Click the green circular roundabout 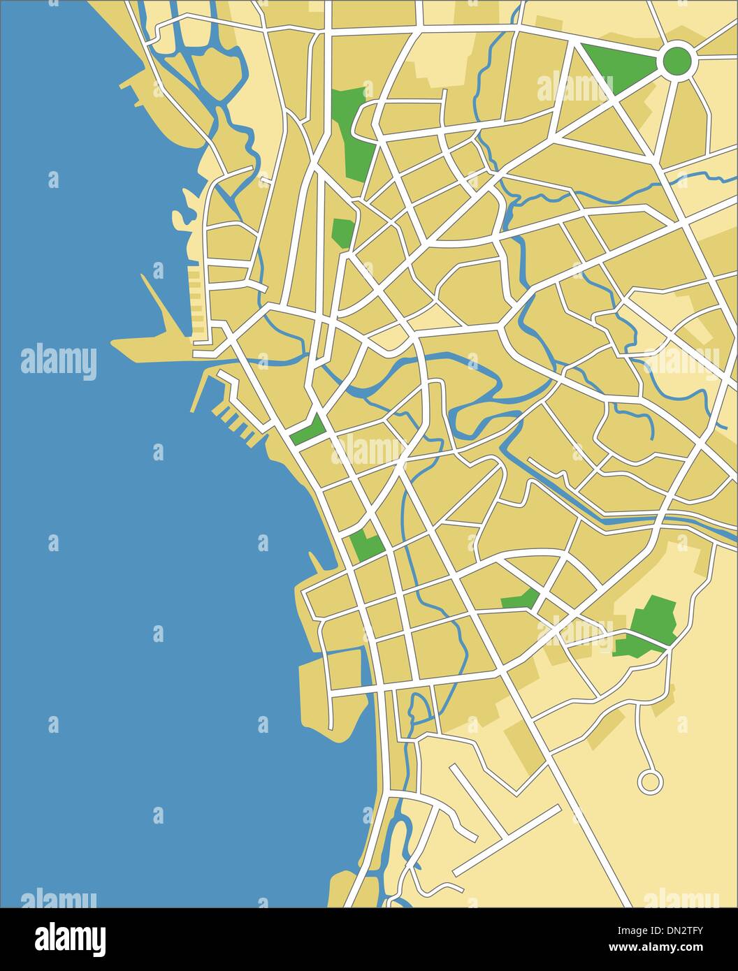676,60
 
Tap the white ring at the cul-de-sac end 649,781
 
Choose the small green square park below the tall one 342,232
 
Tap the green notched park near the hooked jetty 366,546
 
